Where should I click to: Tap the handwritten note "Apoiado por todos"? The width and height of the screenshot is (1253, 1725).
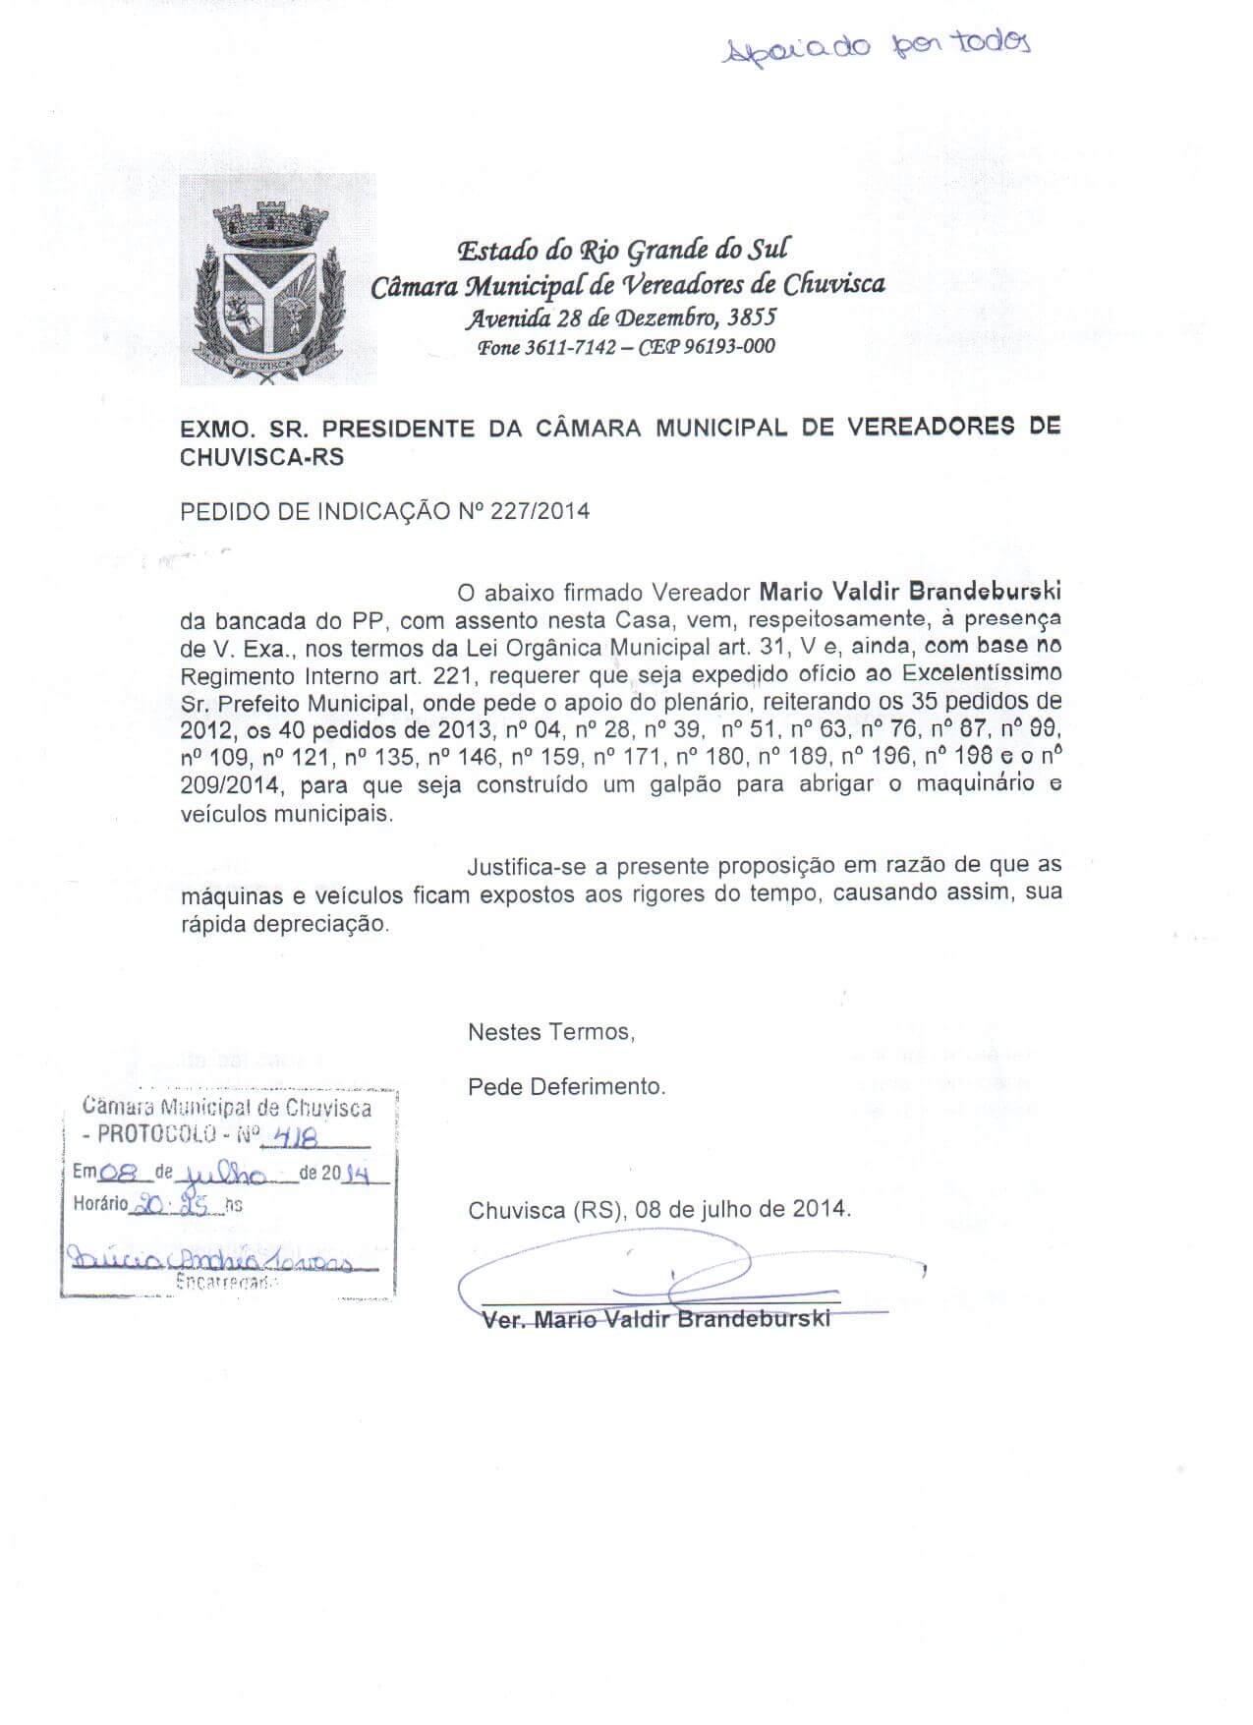[x=876, y=46]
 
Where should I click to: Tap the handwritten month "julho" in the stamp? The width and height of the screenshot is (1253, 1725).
[x=225, y=1175]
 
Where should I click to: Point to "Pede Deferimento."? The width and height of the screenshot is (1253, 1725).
[x=567, y=1087]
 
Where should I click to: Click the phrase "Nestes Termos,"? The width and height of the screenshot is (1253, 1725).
[x=551, y=1032]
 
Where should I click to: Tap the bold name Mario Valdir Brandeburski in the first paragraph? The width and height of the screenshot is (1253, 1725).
[x=910, y=593]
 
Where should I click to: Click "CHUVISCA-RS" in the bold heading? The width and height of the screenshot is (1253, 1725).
[x=262, y=458]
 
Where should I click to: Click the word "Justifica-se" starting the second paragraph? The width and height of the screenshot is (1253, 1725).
[x=529, y=866]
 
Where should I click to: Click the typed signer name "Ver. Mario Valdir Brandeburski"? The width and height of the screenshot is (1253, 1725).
[x=656, y=1319]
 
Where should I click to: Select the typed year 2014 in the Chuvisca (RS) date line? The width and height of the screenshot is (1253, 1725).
[x=823, y=1209]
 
